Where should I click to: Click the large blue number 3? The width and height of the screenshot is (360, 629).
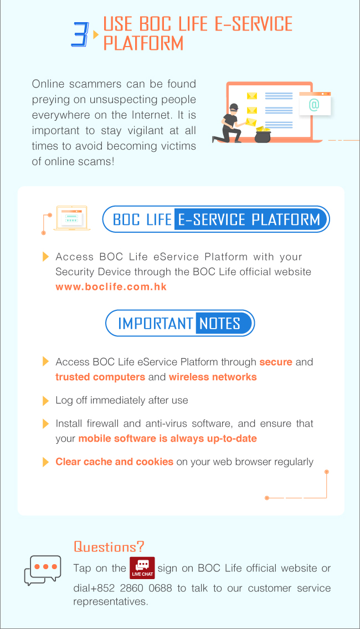pos(80,34)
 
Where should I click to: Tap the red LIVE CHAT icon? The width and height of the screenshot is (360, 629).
pos(142,568)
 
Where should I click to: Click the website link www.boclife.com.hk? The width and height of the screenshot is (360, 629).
pos(111,287)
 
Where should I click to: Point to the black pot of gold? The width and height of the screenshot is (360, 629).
pos(263,136)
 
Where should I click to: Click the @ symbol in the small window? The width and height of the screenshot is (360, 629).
pos(314,105)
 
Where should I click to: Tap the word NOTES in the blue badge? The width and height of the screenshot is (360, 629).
pos(220,323)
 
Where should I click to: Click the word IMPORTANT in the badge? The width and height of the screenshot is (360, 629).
pos(156,323)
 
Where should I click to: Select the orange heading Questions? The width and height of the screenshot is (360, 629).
pos(109,546)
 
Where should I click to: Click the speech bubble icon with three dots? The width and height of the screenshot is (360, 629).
pos(43,570)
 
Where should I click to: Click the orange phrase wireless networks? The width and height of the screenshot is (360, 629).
pos(213,377)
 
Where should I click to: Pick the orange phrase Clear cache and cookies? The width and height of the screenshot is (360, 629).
pos(114,462)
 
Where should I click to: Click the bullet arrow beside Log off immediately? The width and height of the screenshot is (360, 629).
pos(46,401)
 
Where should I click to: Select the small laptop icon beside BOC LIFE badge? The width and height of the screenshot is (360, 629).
pos(72,218)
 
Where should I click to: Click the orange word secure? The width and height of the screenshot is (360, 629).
pos(276,362)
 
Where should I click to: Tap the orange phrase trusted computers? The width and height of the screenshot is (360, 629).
pos(100,377)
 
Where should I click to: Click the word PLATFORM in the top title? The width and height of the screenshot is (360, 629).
pos(143,43)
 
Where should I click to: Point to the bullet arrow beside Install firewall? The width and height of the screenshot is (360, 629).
pos(46,423)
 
